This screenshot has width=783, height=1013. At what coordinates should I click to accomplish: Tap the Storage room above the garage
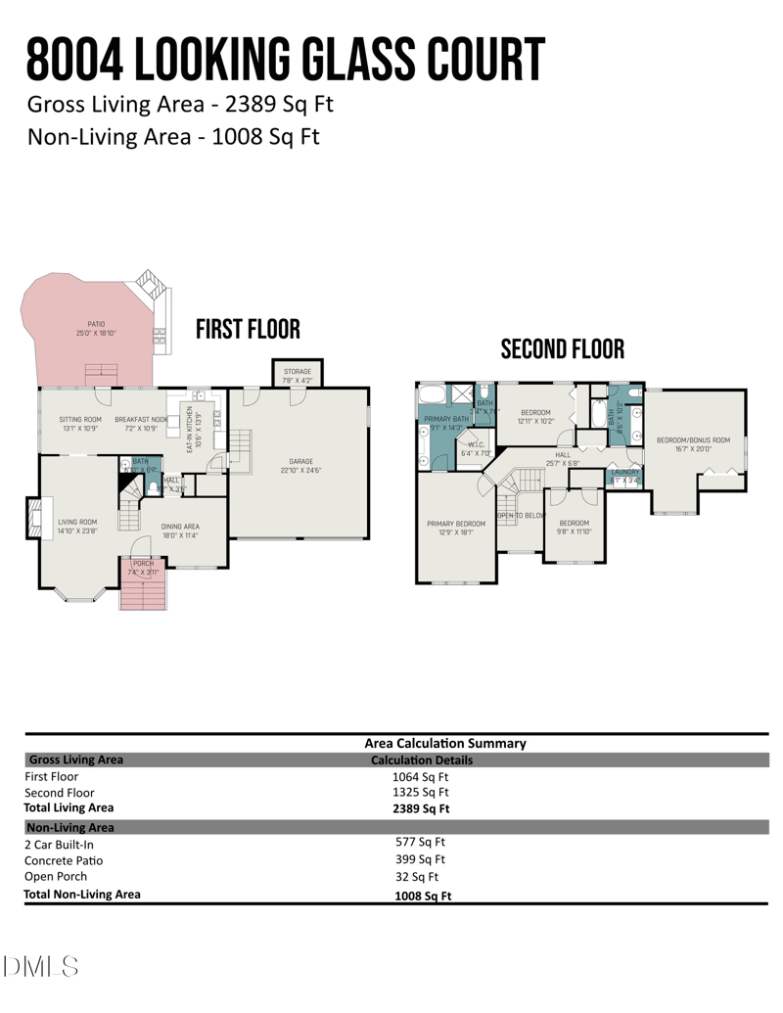point(298,373)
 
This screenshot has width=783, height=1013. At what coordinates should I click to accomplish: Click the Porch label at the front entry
point(143,563)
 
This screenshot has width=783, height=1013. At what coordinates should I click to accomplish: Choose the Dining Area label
point(180,527)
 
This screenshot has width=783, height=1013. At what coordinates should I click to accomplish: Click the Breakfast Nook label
point(141,419)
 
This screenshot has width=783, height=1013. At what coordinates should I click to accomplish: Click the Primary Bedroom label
point(456,524)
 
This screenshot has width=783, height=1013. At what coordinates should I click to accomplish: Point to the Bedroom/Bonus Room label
point(693,440)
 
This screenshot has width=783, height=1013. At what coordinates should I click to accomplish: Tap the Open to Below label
point(521,515)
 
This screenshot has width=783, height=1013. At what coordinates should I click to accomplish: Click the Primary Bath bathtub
point(432,395)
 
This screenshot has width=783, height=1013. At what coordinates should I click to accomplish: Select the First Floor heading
point(248,330)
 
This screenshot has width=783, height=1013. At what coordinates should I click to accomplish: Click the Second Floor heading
point(562,349)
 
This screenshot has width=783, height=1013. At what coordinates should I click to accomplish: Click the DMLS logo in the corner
point(41,968)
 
